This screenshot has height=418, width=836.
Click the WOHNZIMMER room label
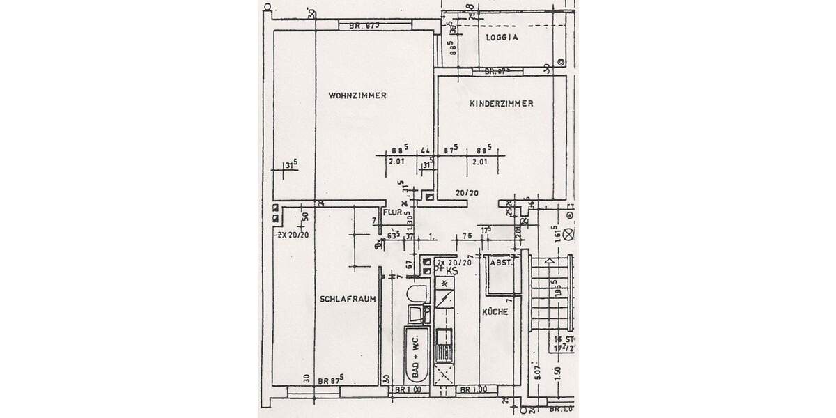(357, 95)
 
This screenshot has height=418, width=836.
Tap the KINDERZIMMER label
(502, 103)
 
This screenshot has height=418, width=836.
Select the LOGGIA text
(502, 39)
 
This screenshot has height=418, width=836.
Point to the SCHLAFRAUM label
(348, 299)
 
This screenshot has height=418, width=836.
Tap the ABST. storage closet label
(501, 263)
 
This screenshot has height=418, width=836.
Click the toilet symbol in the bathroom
(416, 292)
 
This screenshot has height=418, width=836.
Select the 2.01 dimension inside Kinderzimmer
(479, 162)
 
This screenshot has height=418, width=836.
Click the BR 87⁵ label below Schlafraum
(332, 380)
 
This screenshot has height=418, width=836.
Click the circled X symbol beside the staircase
(569, 235)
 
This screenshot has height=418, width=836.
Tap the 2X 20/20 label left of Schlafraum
(293, 234)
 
